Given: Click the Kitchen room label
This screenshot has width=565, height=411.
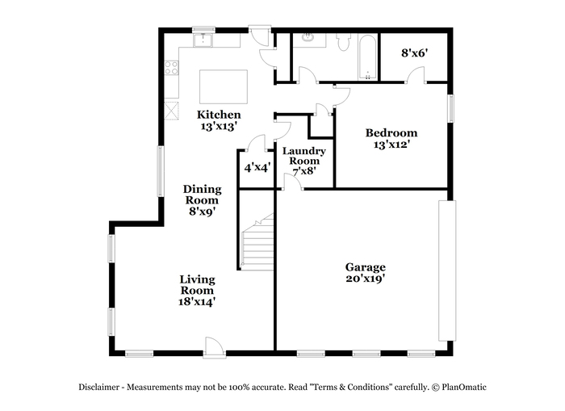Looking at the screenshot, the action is [219, 115].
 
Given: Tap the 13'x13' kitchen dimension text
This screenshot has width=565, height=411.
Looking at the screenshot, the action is [219, 126].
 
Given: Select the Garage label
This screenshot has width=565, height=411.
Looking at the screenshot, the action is [366, 267].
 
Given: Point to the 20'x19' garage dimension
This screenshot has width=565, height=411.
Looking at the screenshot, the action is [366, 279].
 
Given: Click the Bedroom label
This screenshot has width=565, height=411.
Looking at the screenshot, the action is [391, 132].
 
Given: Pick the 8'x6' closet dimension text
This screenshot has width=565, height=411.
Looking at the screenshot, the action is [414, 53].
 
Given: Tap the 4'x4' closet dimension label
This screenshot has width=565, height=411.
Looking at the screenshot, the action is [257, 167].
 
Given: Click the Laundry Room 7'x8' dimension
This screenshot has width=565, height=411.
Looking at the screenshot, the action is [304, 171].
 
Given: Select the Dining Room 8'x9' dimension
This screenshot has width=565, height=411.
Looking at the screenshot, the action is [202, 211].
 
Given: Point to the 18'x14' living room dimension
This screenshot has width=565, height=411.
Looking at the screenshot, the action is [197, 301].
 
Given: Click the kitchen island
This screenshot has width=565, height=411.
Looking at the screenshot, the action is [224, 87].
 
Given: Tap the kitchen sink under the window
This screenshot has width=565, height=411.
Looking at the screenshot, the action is [203, 40].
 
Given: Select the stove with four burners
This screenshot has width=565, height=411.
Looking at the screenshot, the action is [171, 67].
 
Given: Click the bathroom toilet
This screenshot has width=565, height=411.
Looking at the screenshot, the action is [344, 41].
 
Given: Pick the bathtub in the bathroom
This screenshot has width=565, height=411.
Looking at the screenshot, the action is [367, 57].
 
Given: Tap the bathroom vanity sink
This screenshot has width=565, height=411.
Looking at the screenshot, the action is [308, 37].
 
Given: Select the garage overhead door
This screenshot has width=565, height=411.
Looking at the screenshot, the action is [447, 271].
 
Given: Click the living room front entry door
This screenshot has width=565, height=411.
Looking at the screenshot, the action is [215, 347].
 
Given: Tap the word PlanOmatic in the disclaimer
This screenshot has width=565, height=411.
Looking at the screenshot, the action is [464, 388].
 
